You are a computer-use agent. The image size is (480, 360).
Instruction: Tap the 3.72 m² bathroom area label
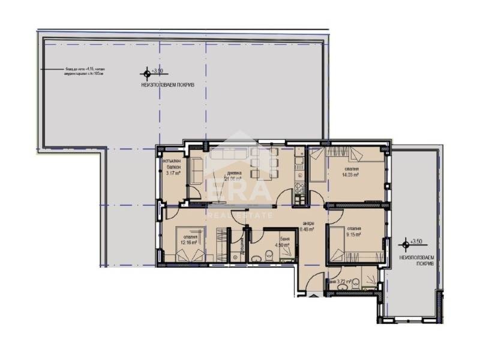(x=342, y=281)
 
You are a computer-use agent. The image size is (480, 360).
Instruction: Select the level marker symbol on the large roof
(x=146, y=74)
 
